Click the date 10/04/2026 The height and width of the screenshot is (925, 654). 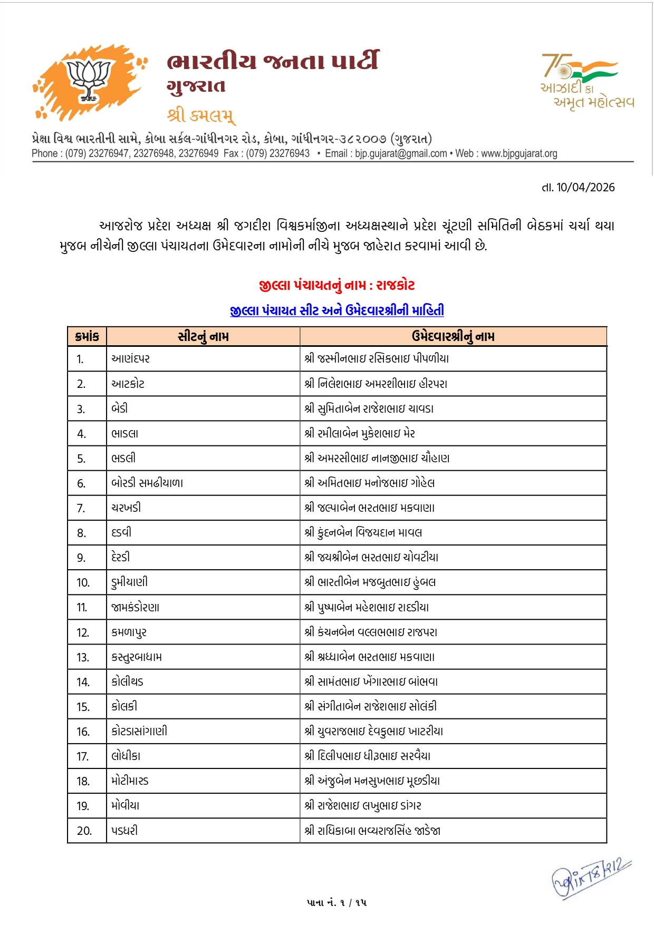585,188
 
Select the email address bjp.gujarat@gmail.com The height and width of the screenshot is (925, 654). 401,153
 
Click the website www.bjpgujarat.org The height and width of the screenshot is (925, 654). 519,153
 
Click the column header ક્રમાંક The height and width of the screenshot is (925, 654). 87,336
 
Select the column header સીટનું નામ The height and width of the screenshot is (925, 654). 203,336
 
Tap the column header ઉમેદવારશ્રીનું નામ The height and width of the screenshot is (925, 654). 453,336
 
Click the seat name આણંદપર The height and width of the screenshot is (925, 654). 131,359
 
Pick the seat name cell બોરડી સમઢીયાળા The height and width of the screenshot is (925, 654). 147,483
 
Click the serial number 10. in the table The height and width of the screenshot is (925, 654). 83,582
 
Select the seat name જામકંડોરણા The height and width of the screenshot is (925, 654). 136,607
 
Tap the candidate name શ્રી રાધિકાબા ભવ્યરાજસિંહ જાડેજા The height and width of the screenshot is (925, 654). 372,831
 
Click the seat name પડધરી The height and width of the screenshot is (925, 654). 124,831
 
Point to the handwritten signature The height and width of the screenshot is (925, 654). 591,878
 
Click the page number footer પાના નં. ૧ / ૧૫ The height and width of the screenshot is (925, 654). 336,902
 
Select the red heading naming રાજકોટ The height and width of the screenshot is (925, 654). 336,286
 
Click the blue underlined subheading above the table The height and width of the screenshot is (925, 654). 336,310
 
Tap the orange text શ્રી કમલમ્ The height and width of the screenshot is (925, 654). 201,115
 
